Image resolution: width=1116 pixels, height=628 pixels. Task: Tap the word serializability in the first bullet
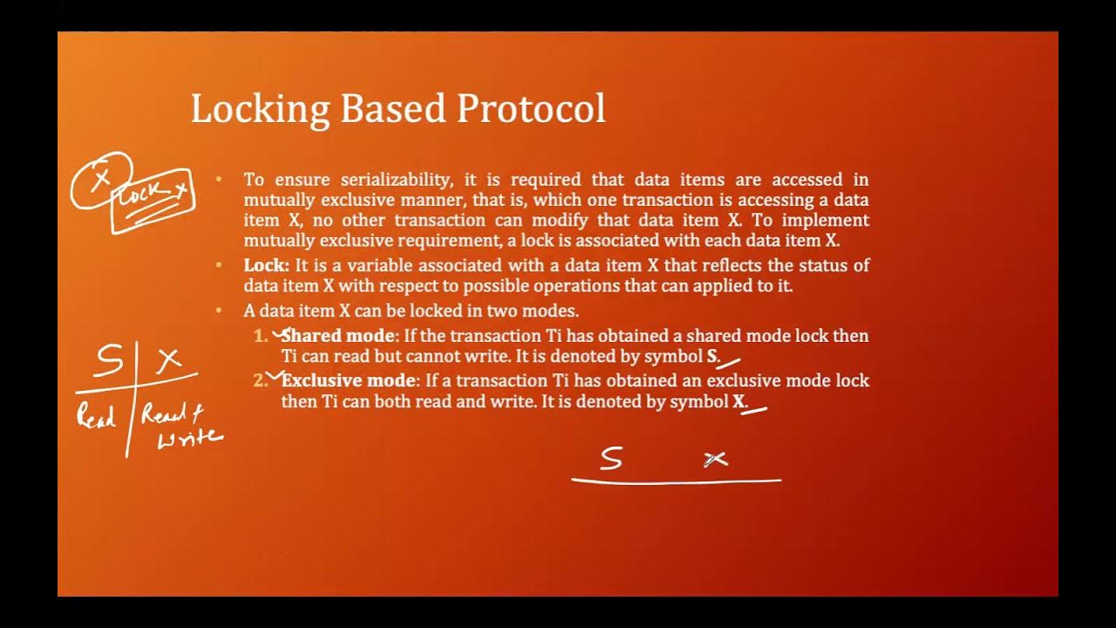click(x=396, y=180)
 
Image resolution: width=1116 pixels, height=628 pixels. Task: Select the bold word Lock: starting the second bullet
click(x=266, y=265)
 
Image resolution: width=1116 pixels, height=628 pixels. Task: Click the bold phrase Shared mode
click(x=338, y=336)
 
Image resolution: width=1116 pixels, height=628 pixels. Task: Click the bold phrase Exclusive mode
click(x=350, y=380)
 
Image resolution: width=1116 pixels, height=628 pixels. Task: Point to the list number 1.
click(x=260, y=336)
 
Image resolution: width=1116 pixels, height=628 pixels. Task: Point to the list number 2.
click(x=260, y=380)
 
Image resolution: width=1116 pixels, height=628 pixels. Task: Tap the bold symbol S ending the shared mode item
click(x=712, y=356)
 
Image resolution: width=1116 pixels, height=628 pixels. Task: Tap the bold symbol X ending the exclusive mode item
click(x=739, y=401)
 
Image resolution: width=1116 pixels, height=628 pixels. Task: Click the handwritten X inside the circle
click(x=102, y=178)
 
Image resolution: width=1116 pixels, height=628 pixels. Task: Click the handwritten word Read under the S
click(x=96, y=416)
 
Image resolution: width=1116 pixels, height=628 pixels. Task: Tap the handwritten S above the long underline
click(x=610, y=459)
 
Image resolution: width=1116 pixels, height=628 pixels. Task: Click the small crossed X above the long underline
click(x=715, y=459)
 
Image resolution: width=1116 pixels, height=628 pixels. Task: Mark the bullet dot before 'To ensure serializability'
click(x=220, y=180)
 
